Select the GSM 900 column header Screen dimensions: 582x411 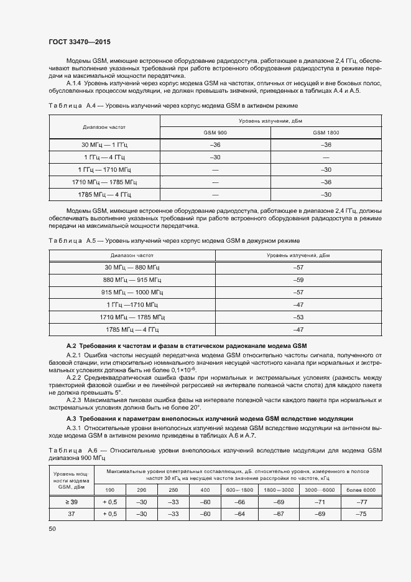tap(215, 133)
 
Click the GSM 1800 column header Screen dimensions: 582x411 tap(326, 133)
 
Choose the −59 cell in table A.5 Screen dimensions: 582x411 tap(297, 279)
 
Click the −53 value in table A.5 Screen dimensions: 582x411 tap(297, 317)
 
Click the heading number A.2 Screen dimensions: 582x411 tap(71, 345)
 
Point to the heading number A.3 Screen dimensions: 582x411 tap(71, 418)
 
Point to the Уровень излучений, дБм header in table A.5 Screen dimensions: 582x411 tap(297, 255)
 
